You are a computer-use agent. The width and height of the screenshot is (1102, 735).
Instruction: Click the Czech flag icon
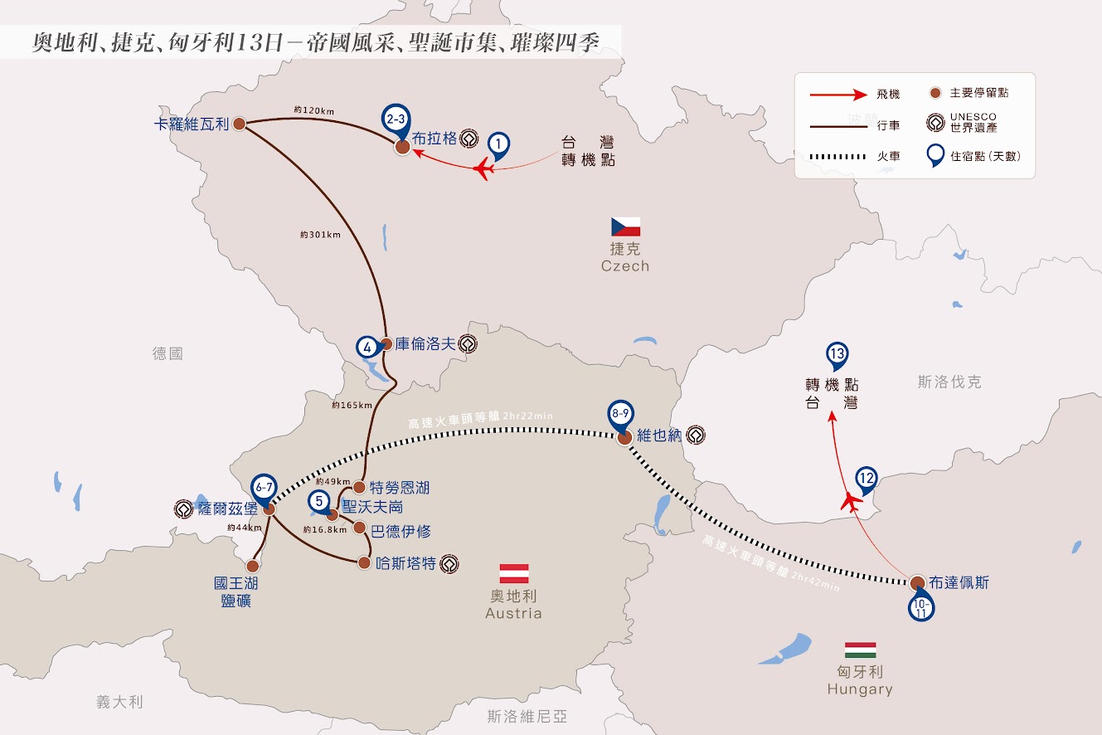pos(626,227)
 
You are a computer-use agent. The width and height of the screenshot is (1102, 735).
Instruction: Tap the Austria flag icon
pos(514,573)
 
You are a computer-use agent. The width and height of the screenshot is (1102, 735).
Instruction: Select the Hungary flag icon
pos(861,650)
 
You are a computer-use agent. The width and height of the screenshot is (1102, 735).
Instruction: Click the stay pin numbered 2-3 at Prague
pos(396,120)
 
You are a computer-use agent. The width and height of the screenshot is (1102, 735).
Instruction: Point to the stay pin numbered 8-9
pos(620,416)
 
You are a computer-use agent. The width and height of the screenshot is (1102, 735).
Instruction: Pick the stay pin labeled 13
pos(837,355)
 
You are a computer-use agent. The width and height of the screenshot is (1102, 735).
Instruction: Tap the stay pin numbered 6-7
pos(264,489)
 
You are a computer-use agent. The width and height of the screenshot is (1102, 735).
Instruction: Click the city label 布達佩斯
pos(959,582)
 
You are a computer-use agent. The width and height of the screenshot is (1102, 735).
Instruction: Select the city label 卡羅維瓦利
pos(192,124)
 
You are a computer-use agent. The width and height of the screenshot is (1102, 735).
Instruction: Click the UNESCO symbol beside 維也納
pos(696,436)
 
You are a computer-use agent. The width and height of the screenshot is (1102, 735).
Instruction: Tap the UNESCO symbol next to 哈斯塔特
pos(449,563)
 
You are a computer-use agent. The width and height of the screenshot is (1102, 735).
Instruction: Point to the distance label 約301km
pos(320,235)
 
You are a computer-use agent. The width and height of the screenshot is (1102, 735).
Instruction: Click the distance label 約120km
pos(314,110)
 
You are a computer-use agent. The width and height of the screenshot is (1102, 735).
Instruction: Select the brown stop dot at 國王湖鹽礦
pos(253,566)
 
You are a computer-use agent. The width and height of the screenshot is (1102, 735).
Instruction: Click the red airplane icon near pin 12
pos(851,503)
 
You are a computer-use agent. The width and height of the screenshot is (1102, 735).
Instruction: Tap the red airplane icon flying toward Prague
pos(484,169)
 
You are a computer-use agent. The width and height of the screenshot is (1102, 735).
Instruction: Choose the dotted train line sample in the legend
pos(837,157)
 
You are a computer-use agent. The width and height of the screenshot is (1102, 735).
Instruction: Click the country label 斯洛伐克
pos(949,382)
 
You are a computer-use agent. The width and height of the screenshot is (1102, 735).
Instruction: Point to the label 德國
pos(167,353)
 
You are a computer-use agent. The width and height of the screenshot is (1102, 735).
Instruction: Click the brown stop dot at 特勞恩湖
pos(359,488)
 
